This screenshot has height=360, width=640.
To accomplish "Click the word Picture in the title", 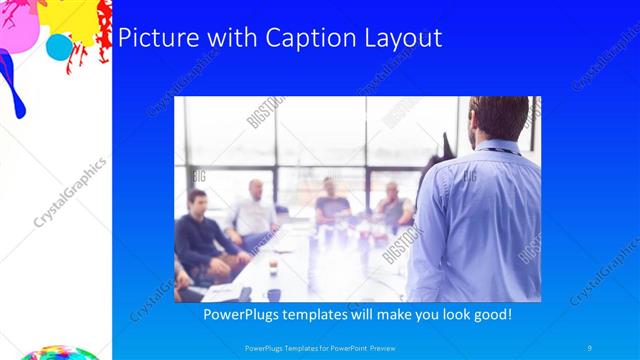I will click(x=154, y=38).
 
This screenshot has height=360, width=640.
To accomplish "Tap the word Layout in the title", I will click(x=400, y=38).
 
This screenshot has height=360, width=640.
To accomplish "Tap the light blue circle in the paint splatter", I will click(x=60, y=46).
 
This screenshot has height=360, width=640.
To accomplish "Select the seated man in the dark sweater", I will click(x=200, y=235).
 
